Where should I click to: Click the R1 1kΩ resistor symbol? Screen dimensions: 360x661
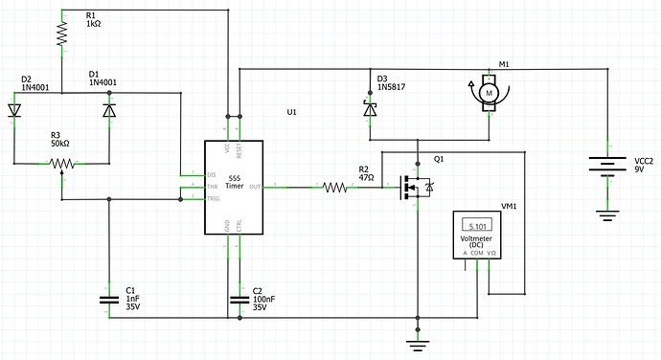click(x=61, y=34)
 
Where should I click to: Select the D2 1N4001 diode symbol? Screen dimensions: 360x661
click(x=14, y=110)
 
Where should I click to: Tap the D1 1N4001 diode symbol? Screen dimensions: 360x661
click(x=108, y=110)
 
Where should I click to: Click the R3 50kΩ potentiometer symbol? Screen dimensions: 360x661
click(x=61, y=164)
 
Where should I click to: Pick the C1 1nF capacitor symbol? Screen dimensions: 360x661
click(x=108, y=301)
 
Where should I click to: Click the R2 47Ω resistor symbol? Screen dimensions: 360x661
click(x=335, y=188)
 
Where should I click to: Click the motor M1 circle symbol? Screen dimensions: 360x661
click(x=488, y=93)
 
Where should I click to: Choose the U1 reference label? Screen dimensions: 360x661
click(x=291, y=112)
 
